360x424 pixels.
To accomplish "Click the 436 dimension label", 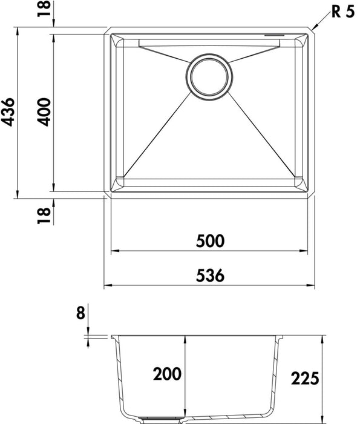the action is (x=7, y=112).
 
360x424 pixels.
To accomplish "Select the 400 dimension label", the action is (x=44, y=112).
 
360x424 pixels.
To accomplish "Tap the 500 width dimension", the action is (x=210, y=241).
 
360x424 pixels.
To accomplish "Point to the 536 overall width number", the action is (x=210, y=275).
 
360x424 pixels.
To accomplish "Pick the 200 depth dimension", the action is (x=167, y=374).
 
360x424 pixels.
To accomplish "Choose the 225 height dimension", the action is (x=305, y=378).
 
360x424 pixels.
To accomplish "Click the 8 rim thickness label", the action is (x=80, y=313).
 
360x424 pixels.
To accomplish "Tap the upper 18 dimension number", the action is (x=44, y=8).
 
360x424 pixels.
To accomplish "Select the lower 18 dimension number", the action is (x=44, y=216).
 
